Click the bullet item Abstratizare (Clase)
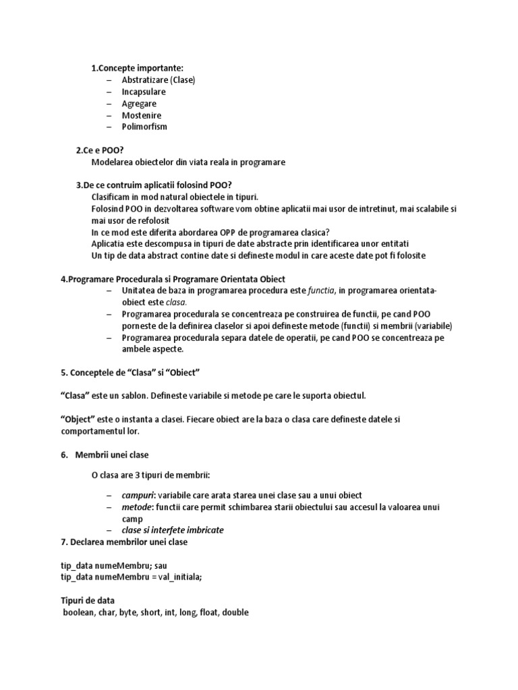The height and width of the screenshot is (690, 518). click(x=158, y=80)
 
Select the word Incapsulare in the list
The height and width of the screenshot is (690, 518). click(x=144, y=92)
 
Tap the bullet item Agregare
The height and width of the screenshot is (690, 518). click(x=139, y=104)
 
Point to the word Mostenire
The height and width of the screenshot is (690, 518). click(x=142, y=115)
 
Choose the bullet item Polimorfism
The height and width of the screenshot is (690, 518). click(x=144, y=127)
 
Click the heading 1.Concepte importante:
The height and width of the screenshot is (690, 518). click(x=138, y=68)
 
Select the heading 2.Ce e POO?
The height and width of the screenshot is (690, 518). click(x=105, y=150)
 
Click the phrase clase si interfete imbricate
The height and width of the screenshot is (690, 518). click(x=173, y=530)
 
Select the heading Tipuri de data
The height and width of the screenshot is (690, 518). click(x=88, y=600)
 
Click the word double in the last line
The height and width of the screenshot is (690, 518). click(x=235, y=613)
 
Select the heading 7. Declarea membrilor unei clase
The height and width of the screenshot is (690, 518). click(x=124, y=542)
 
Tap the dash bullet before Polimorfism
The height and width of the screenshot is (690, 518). click(x=109, y=127)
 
